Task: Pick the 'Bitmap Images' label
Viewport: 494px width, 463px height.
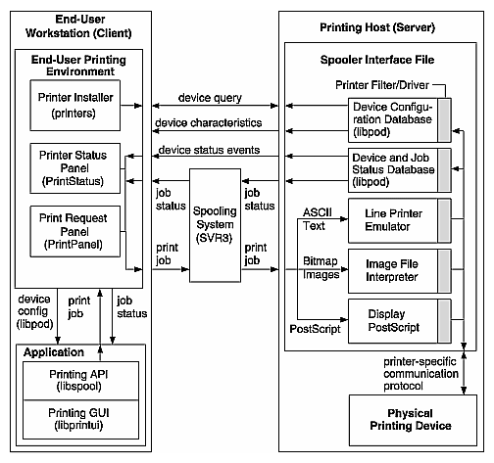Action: click(x=316, y=270)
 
